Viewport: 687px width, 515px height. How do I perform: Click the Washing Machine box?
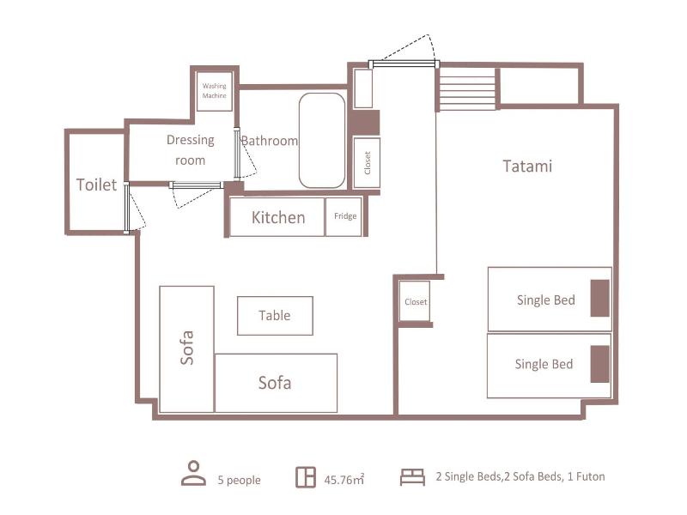[x=214, y=91]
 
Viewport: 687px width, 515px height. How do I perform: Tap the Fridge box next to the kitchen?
[x=344, y=217]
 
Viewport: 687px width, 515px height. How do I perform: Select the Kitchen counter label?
[x=278, y=218]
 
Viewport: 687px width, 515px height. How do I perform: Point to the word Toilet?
[x=96, y=185]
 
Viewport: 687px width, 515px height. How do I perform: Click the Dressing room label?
[x=191, y=149]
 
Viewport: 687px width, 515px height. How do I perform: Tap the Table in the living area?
[x=275, y=316]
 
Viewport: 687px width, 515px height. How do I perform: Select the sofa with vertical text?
[x=186, y=349]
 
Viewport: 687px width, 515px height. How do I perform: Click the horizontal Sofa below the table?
[x=276, y=383]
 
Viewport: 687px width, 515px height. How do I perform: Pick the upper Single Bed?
[x=550, y=300]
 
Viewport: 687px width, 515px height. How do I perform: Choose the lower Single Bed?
[x=549, y=366]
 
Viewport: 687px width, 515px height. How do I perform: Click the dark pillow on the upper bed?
[x=599, y=298]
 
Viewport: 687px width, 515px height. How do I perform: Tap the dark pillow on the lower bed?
[x=599, y=364]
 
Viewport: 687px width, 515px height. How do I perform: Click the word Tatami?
[x=527, y=167]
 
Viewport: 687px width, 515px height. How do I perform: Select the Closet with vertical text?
[x=367, y=163]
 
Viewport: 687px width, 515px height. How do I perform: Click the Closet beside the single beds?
[x=415, y=302]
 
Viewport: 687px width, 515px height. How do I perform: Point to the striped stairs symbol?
[x=467, y=89]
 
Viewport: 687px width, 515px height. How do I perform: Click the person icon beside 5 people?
[x=194, y=473]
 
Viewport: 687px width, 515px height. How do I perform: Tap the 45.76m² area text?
[x=344, y=480]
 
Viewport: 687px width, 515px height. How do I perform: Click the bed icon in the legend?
[x=412, y=477]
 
